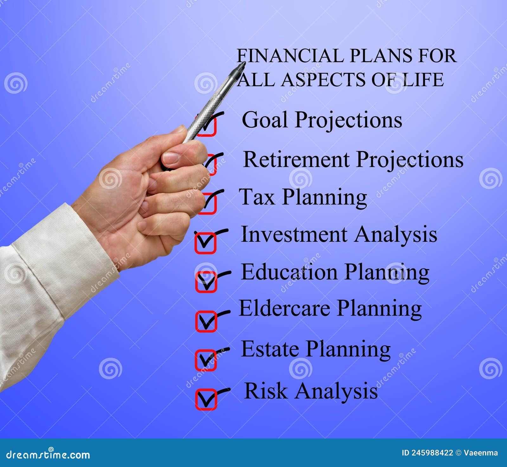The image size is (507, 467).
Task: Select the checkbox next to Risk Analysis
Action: tap(206, 399)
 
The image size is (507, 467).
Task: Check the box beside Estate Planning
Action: tap(206, 360)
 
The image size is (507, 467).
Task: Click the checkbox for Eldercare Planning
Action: tap(206, 321)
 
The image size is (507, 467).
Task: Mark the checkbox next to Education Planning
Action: tap(206, 282)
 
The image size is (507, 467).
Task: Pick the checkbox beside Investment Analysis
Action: tap(205, 243)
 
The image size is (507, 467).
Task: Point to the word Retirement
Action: tap(296, 159)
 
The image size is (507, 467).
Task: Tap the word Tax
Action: tap(257, 197)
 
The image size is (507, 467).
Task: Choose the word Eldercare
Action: tap(284, 308)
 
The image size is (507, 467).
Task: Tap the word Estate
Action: tap(270, 349)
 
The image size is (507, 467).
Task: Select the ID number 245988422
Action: tap(432, 453)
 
